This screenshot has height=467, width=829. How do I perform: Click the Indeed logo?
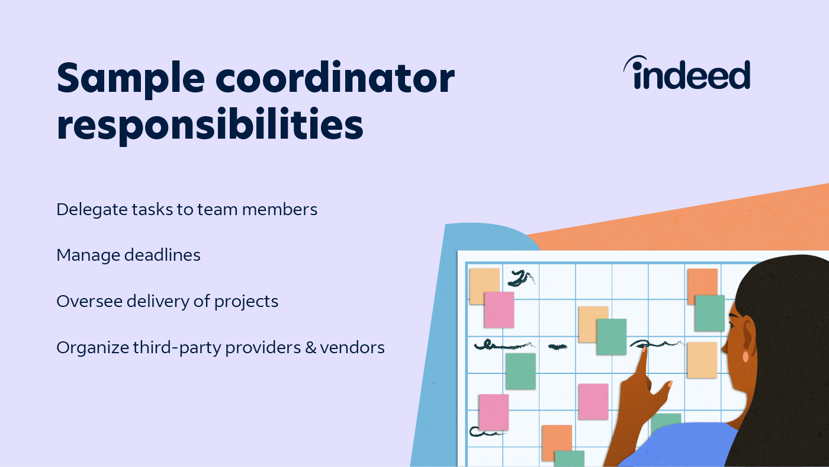[687, 74]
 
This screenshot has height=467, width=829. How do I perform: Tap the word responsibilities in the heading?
[210, 126]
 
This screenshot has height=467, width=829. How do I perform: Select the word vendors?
[353, 347]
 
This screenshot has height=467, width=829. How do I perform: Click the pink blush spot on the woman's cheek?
[746, 357]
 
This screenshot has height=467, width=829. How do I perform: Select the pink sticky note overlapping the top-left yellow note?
[499, 309]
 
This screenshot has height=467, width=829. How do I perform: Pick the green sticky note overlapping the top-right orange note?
[709, 313]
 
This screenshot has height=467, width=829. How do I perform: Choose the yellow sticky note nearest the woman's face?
[702, 360]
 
